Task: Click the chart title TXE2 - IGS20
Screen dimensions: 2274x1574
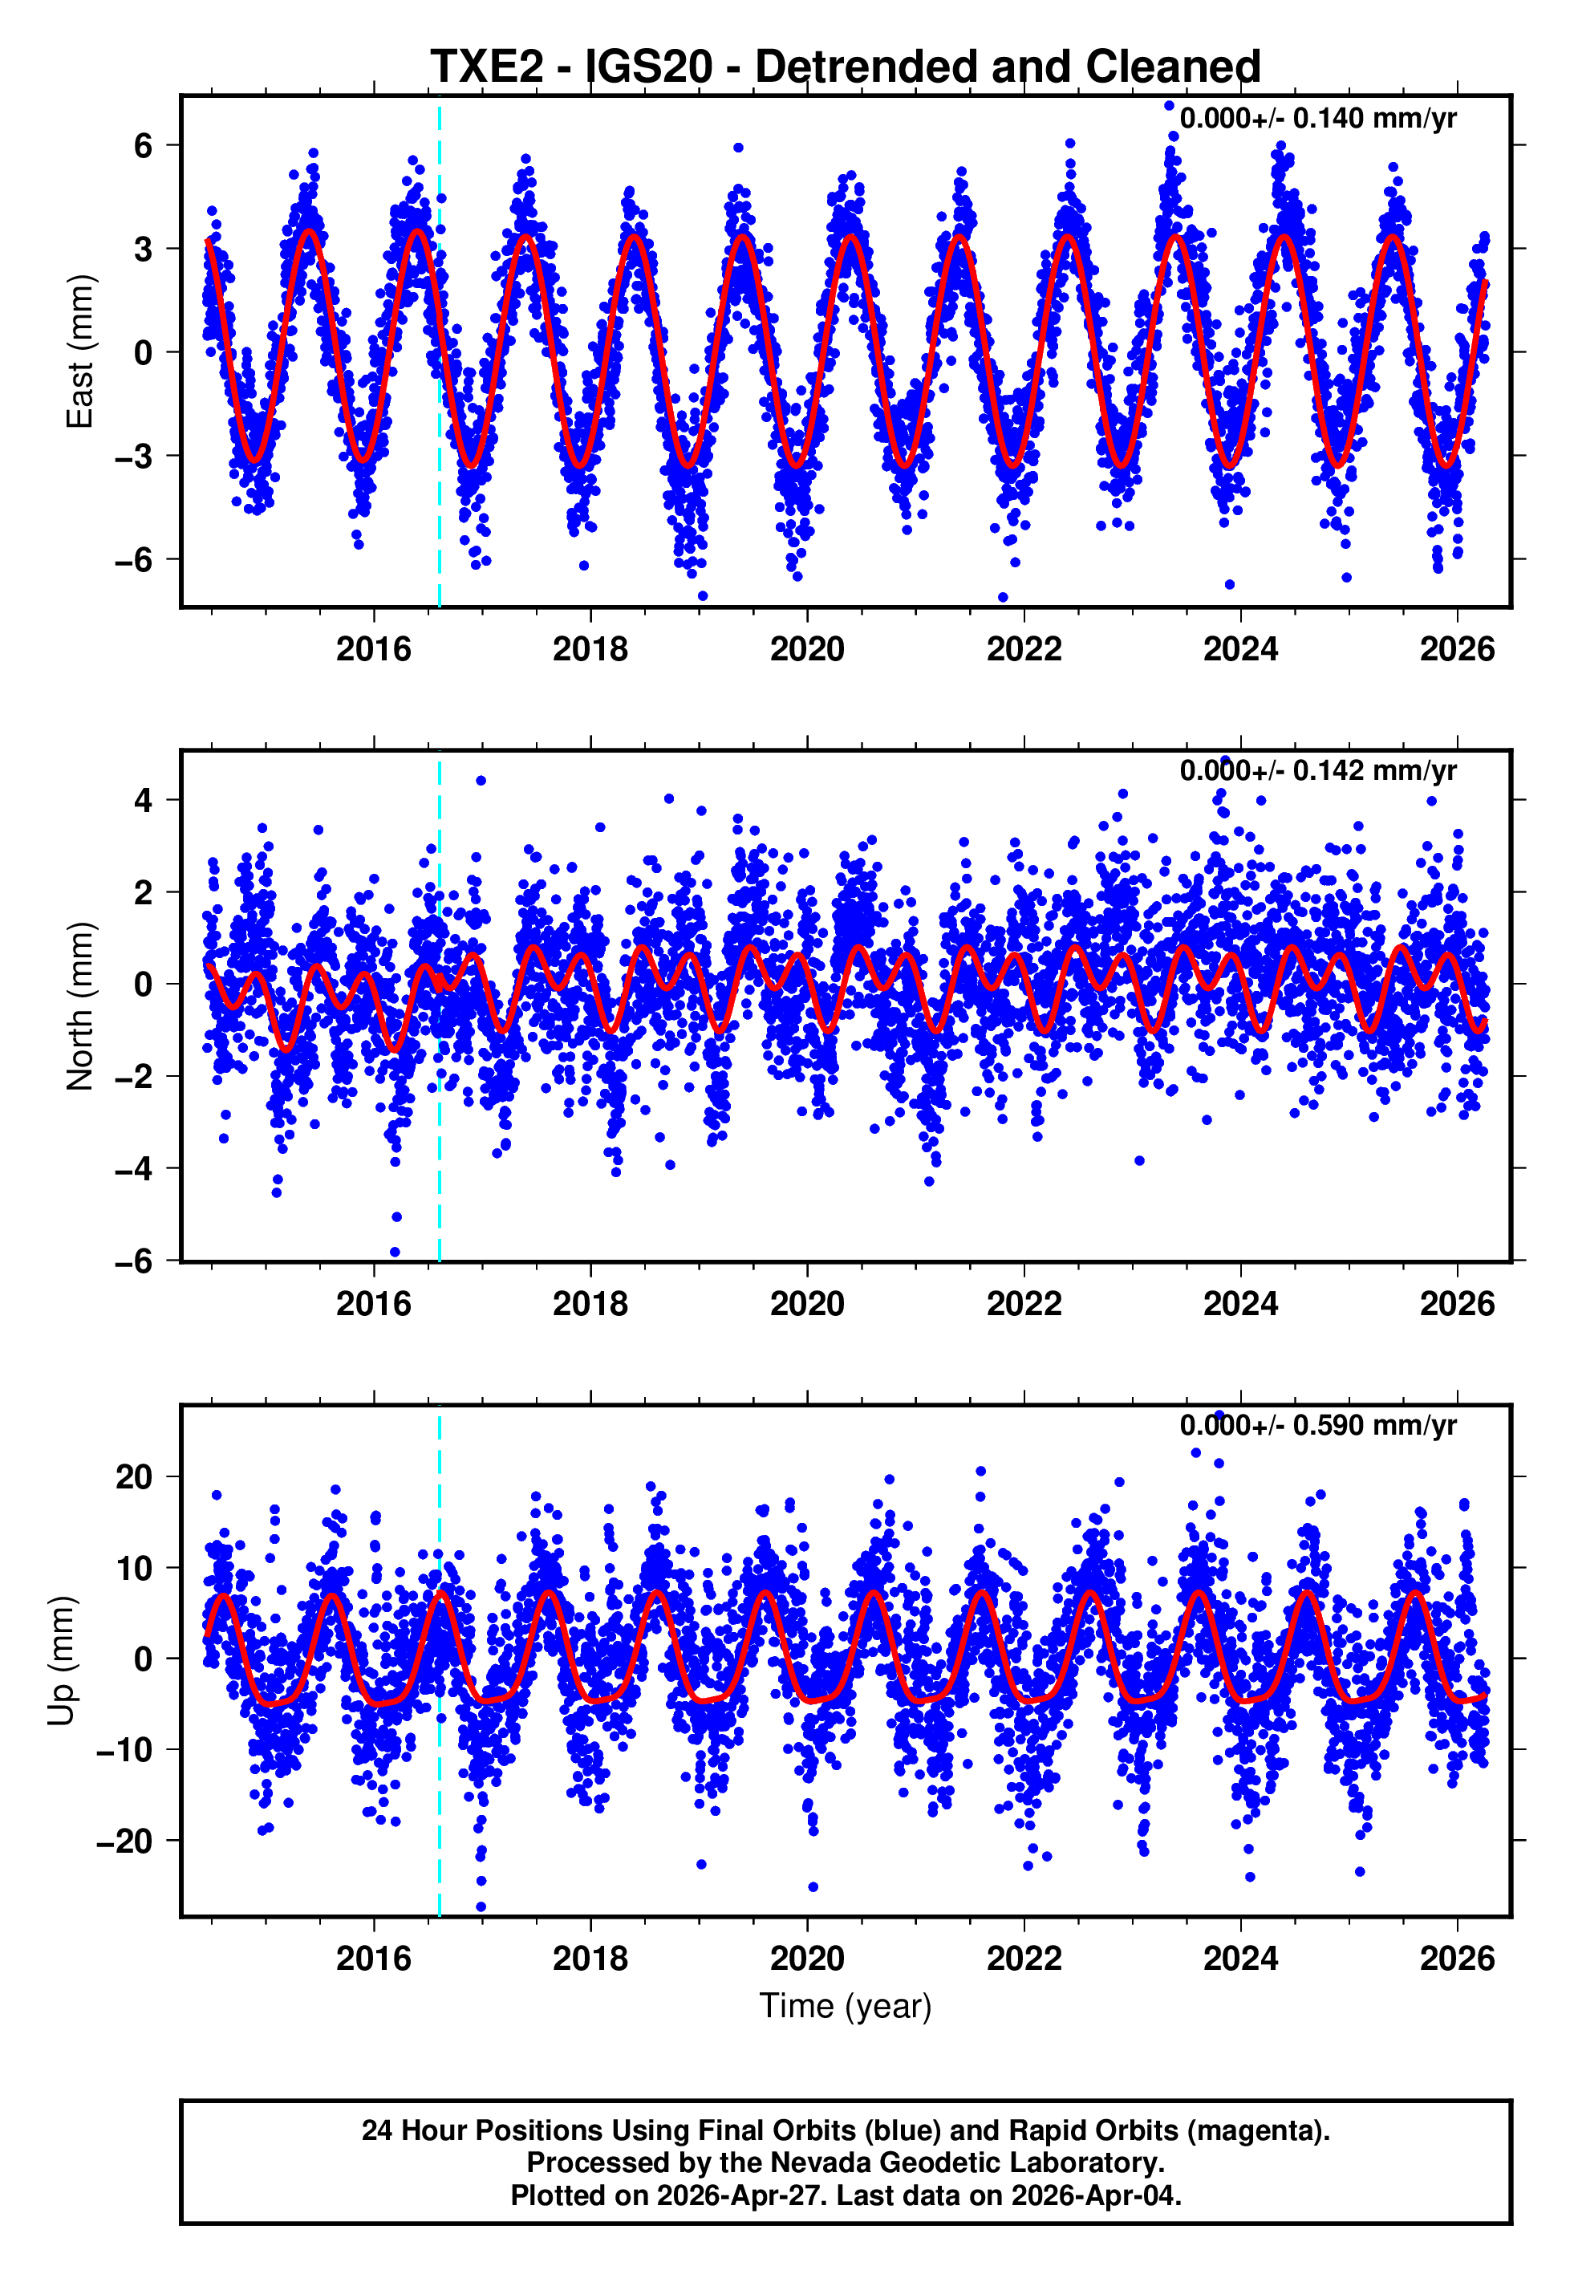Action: [x=846, y=67]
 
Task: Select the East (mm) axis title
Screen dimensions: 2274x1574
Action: [x=79, y=351]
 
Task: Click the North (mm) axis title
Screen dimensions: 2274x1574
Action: [x=79, y=1006]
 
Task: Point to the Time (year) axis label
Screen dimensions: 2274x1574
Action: [x=846, y=2007]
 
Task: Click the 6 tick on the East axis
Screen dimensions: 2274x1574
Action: [x=144, y=146]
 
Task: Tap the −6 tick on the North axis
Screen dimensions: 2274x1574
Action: [x=134, y=1261]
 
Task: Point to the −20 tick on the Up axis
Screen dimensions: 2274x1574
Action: [x=125, y=1841]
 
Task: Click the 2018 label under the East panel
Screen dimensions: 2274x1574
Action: [x=590, y=649]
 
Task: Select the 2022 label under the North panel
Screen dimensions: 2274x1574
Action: [x=1024, y=1304]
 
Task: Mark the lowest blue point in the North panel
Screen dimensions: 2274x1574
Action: [x=395, y=1253]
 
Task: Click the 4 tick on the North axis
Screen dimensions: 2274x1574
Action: [x=144, y=800]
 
